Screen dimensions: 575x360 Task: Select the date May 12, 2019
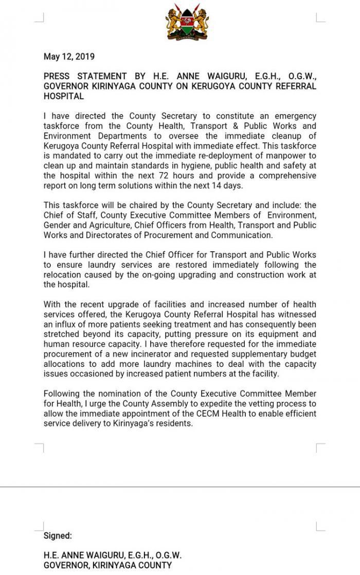(x=69, y=57)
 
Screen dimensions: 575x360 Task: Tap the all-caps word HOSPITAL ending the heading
(x=64, y=96)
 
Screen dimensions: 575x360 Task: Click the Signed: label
(x=58, y=535)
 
